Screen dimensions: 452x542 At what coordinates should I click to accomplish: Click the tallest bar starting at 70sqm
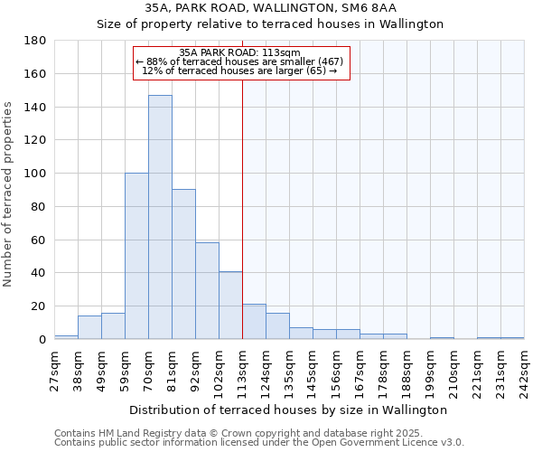click(160, 217)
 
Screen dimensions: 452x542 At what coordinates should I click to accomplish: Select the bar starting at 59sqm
click(136, 256)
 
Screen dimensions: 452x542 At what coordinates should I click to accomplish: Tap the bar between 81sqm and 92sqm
click(183, 264)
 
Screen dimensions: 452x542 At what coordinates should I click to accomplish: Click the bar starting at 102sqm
click(230, 306)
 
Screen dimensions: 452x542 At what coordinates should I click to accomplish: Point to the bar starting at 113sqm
click(254, 322)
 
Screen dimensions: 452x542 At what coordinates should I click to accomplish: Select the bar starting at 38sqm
click(89, 327)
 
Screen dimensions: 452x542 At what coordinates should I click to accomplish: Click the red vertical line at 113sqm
click(242, 208)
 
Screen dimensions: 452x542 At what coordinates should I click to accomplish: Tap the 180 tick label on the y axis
click(36, 41)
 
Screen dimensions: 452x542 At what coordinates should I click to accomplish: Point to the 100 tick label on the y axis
click(36, 174)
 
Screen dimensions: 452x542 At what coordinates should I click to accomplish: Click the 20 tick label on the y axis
click(40, 306)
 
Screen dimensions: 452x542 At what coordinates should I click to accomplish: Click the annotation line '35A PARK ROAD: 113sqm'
click(239, 52)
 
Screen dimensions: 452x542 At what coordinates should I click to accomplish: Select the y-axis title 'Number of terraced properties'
click(9, 193)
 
